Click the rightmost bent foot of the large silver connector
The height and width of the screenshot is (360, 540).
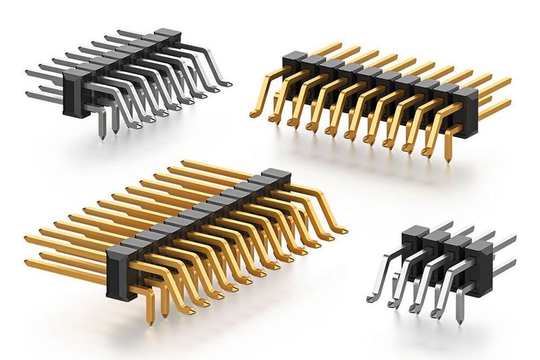pos(225,84)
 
